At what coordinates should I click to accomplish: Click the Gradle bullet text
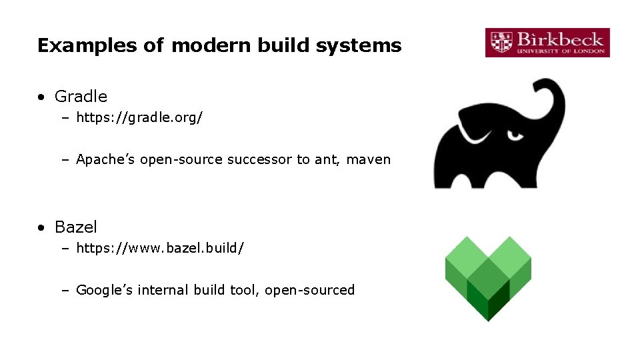(x=81, y=97)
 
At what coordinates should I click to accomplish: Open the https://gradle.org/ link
(x=139, y=118)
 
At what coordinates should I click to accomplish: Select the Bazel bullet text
(x=76, y=227)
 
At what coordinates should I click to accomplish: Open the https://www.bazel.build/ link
(x=160, y=248)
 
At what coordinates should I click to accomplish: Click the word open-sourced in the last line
(x=310, y=290)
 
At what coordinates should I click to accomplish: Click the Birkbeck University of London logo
(x=547, y=43)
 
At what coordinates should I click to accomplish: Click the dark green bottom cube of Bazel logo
(x=488, y=303)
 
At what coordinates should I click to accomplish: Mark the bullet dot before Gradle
(x=42, y=97)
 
